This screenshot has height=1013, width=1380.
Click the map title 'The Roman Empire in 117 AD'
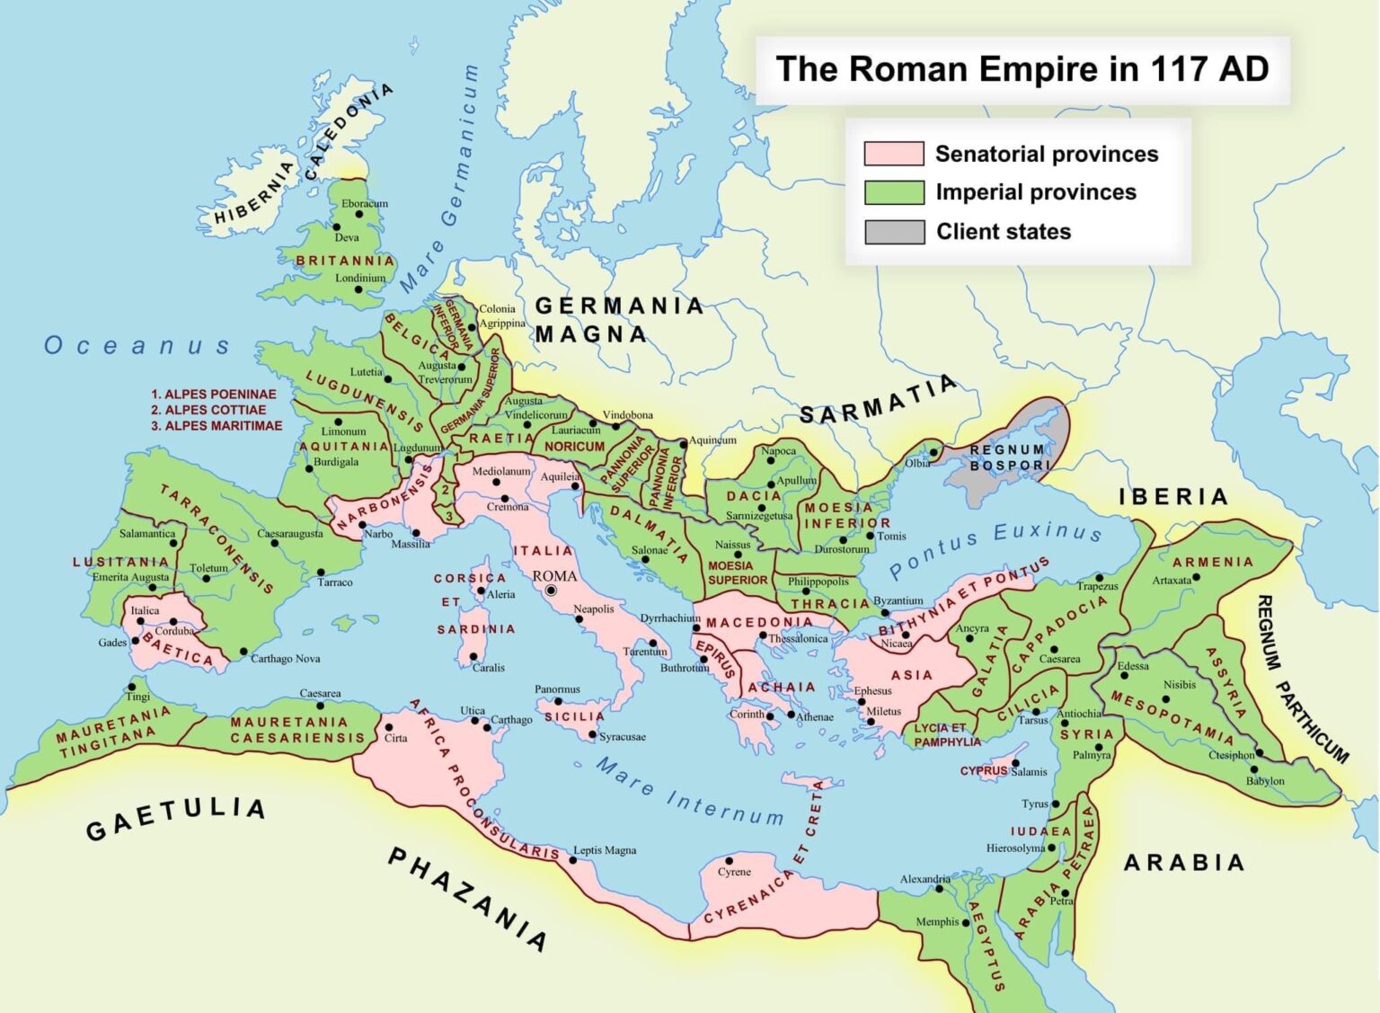(1022, 69)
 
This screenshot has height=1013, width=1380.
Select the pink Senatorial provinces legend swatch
(893, 154)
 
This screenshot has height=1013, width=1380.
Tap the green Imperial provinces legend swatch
(893, 192)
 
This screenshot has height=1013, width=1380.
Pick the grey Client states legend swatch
(893, 232)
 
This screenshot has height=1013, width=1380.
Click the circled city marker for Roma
(551, 591)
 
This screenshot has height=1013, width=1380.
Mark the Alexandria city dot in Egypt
(939, 889)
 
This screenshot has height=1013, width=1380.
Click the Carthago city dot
(486, 720)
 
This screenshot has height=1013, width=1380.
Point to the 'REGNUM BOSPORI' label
(1008, 458)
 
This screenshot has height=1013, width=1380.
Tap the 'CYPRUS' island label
(983, 771)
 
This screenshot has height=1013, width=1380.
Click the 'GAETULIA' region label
(176, 817)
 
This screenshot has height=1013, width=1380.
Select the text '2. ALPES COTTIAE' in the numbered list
(208, 410)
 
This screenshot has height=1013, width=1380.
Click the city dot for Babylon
(1254, 769)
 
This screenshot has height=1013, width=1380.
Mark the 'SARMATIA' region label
(877, 401)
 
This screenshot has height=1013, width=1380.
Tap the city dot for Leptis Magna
(572, 860)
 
